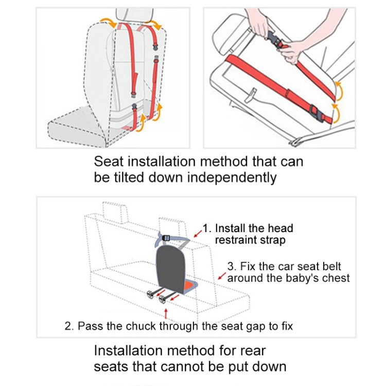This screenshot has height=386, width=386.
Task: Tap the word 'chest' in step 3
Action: click(335, 278)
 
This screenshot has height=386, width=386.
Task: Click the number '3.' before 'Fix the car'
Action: click(232, 267)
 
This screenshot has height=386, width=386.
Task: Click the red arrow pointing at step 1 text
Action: click(198, 232)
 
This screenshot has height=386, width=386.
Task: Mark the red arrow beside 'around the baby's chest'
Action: click(222, 278)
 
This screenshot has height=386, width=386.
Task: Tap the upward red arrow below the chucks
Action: click(165, 313)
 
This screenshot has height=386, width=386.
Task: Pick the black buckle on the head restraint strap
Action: click(166, 238)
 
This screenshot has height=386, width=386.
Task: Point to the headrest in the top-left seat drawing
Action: click(135, 15)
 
